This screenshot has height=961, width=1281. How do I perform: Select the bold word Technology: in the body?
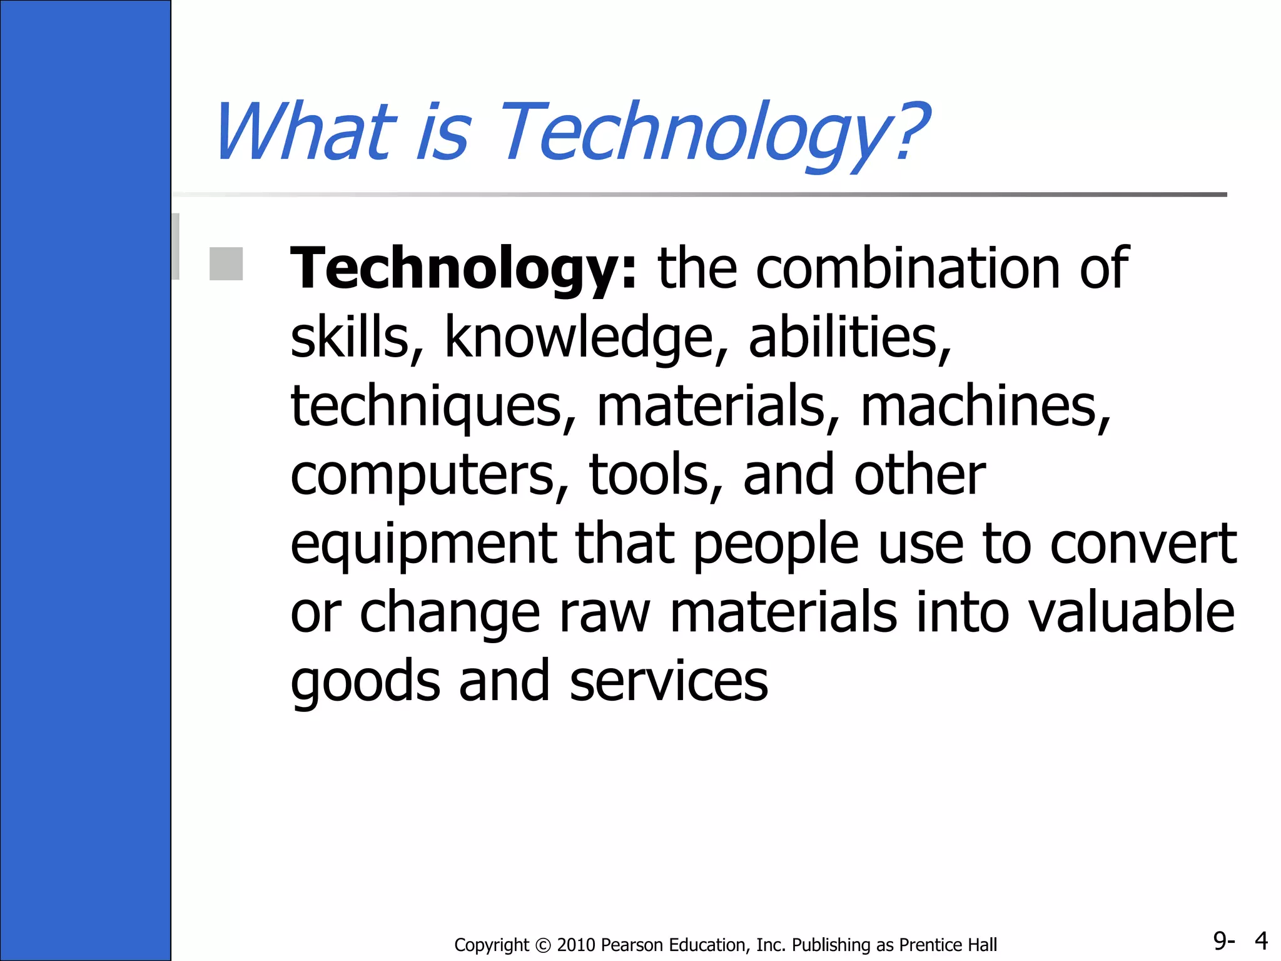coord(463,268)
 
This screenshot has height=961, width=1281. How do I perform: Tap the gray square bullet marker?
coord(226,263)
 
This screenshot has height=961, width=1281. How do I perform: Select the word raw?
coord(604,613)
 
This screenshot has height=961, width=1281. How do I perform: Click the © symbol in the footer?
coord(543,945)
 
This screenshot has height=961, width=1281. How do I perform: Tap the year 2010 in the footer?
coord(576,945)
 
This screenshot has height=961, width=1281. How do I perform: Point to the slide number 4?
coord(1261,940)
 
